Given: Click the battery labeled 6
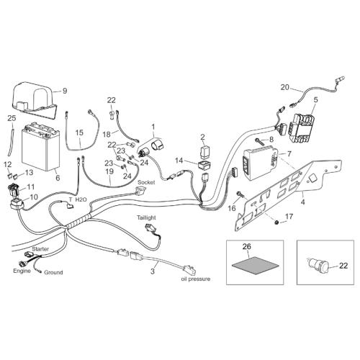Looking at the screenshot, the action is [40, 147].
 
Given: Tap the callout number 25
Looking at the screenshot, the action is [12, 118].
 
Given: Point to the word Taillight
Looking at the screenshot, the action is [146, 217].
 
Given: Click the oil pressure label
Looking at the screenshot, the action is [196, 279].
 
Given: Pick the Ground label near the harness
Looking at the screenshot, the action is [53, 272].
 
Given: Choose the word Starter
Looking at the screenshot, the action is [40, 249].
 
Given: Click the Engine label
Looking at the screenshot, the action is [22, 271].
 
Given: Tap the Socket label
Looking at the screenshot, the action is [146, 182].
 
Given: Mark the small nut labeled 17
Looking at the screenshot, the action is [276, 223].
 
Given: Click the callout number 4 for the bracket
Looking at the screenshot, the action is [303, 202].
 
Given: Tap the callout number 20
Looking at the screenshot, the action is [285, 87].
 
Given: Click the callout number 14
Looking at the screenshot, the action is [179, 161].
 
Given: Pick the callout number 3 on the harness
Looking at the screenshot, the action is [153, 271].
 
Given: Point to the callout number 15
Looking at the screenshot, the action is [79, 132].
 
